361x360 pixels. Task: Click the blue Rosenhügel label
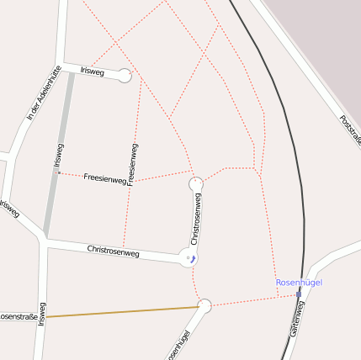point(299,283)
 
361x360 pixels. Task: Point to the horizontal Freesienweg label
point(104,178)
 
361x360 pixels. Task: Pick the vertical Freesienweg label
point(132,164)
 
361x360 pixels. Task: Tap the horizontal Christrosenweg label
point(113,251)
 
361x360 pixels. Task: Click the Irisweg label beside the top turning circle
point(92,72)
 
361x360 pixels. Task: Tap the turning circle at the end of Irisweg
point(125,76)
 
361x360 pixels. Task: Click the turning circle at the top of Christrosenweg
point(196,183)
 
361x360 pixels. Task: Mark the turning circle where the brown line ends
point(204,305)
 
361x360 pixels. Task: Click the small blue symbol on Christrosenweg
point(193,258)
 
